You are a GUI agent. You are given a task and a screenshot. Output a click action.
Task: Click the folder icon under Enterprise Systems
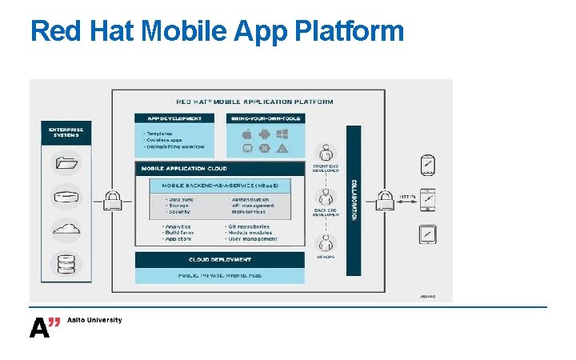pos(66,165)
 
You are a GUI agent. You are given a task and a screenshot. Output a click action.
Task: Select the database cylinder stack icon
pos(66,264)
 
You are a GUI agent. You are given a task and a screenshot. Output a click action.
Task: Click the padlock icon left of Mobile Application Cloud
pos(113,198)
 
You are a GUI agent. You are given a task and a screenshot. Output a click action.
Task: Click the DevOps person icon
pos(326,243)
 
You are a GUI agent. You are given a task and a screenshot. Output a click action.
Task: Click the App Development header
pos(174,118)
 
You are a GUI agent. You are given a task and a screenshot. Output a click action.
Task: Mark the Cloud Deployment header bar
pos(220,259)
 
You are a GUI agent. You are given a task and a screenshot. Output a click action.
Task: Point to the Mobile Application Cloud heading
pos(185,169)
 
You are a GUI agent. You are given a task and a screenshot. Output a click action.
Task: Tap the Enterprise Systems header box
pos(66,131)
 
